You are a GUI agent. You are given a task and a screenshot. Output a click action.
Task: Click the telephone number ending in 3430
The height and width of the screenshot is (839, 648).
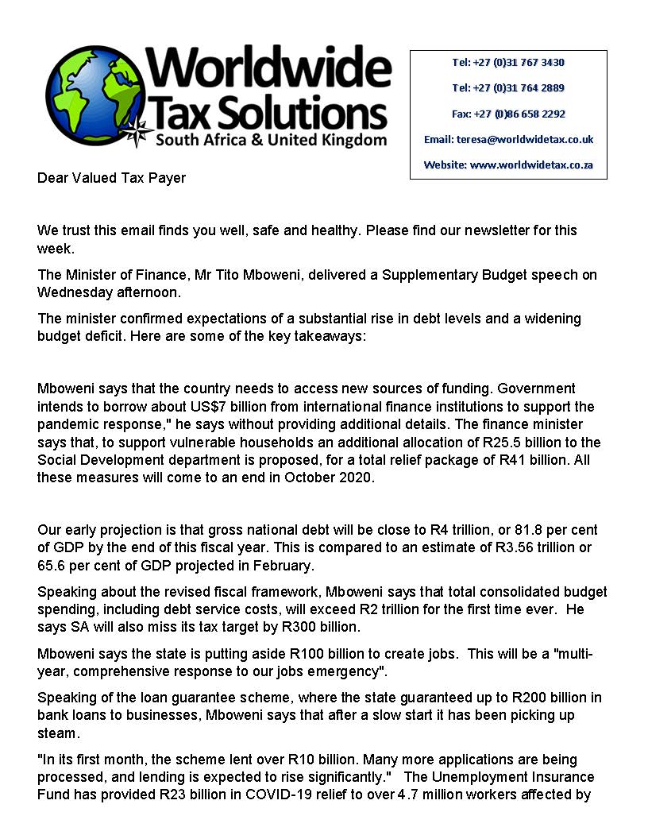point(508,62)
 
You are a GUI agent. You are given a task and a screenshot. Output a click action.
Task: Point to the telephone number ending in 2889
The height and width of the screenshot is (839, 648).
point(508,87)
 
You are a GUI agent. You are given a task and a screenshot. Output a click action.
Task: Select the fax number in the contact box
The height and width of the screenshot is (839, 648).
point(508,114)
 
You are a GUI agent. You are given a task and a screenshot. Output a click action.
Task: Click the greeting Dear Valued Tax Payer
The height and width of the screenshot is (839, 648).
point(111,178)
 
